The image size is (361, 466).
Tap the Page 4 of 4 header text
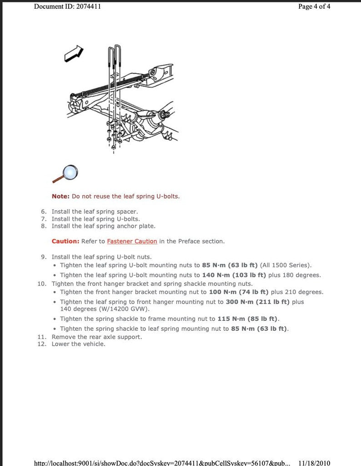pos(314,6)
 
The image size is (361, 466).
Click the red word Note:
pos(60,196)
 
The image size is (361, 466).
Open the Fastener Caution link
pos(132,241)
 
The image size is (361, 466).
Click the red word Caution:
pos(65,241)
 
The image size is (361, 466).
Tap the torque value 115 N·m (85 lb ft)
pos(248,319)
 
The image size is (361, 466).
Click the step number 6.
pos(44,211)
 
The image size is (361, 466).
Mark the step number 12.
pos(42,344)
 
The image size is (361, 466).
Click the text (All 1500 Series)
pos(286,265)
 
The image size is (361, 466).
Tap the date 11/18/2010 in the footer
pos(314,463)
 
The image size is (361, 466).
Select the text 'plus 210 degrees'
pos(297,292)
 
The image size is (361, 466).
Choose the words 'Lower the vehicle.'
pos(78,344)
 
